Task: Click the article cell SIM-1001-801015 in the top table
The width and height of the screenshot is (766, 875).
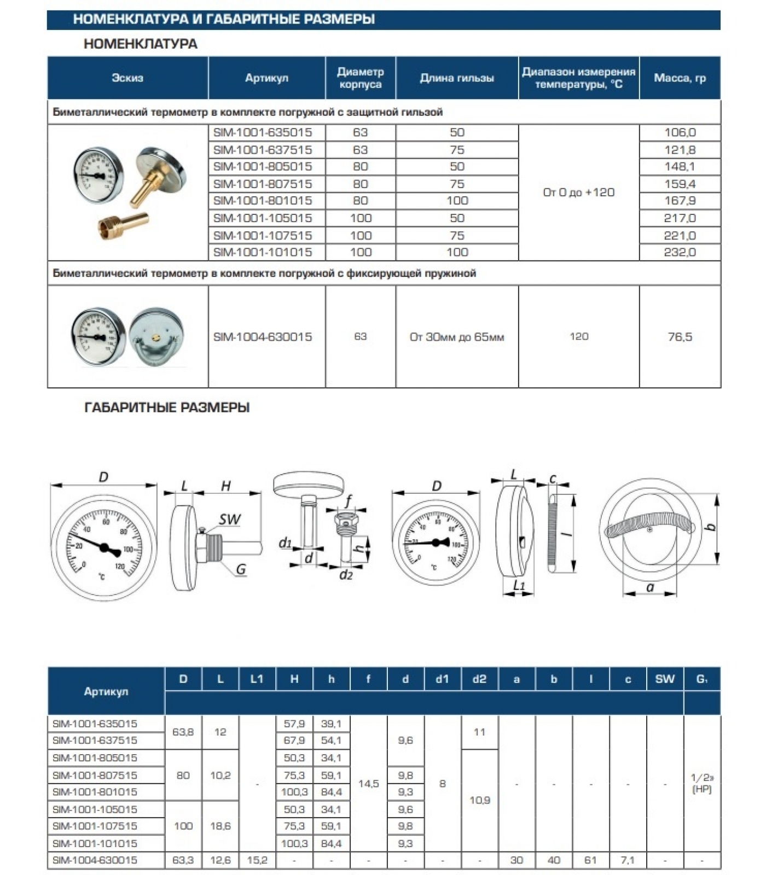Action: [263, 201]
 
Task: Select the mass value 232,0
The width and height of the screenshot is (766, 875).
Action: [680, 252]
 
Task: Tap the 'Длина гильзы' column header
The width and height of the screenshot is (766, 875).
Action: [457, 78]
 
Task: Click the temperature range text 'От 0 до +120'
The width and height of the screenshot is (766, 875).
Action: [578, 192]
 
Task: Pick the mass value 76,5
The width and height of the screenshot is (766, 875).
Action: [680, 337]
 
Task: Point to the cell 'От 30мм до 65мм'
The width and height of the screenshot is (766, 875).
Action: [457, 337]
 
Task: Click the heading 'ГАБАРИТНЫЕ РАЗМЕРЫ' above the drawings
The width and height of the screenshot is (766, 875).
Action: [167, 407]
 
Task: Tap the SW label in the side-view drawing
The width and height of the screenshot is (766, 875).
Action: [230, 520]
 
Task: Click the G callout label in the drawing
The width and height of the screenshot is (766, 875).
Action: [241, 570]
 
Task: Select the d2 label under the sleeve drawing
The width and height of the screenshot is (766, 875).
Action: [346, 575]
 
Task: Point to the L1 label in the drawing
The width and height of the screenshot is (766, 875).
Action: [519, 586]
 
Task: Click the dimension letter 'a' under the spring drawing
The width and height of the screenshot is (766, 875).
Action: [650, 588]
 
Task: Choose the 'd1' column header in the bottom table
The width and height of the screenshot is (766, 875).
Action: [442, 679]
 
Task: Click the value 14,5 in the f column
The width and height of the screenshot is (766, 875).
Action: [368, 784]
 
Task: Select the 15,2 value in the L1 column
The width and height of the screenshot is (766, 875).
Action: [257, 860]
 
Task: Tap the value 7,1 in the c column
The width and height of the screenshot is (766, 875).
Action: [628, 860]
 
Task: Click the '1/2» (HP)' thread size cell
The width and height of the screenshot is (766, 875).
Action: [701, 783]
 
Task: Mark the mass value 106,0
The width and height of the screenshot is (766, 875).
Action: [680, 132]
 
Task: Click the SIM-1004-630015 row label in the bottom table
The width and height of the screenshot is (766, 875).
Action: [95, 860]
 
